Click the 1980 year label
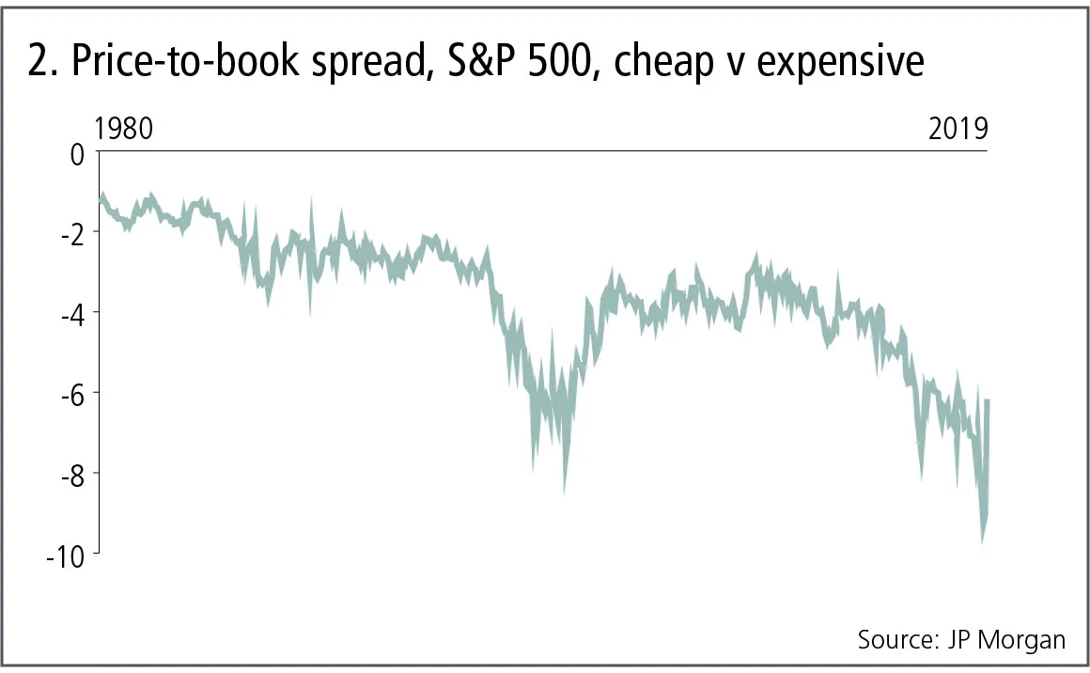124,129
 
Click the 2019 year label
958,129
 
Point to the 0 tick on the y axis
78,152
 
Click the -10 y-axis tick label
66,555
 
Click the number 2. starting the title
42,62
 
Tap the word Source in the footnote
893,640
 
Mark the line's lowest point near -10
983,540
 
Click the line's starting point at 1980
99,198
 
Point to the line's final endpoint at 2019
988,401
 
